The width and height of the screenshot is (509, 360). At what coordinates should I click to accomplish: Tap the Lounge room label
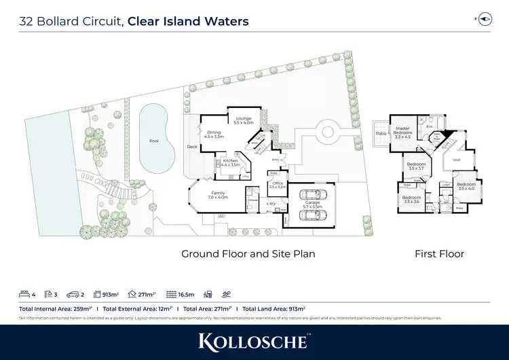click(x=243, y=120)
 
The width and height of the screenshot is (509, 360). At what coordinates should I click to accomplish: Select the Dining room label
click(x=214, y=134)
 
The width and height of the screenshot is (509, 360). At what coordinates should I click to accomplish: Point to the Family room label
click(x=219, y=194)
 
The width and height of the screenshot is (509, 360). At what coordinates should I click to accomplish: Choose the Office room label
click(x=278, y=185)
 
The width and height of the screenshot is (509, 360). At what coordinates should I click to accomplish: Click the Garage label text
click(x=312, y=203)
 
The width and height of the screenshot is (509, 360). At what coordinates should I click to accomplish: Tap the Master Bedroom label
click(x=402, y=132)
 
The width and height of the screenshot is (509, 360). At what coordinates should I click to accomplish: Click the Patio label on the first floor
click(x=381, y=133)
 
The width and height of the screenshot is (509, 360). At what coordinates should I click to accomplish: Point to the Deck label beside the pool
click(x=192, y=146)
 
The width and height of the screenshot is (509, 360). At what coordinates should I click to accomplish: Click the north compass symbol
click(x=484, y=20)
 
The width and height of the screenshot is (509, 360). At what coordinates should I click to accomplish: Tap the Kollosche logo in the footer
click(x=254, y=341)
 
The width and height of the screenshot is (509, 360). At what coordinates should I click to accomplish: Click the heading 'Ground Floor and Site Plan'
click(x=248, y=254)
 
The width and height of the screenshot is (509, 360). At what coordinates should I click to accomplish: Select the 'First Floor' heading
click(x=439, y=254)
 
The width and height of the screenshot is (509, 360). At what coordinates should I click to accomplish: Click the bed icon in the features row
click(x=24, y=294)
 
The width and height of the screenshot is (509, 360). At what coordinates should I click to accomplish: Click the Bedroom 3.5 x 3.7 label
click(x=416, y=166)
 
